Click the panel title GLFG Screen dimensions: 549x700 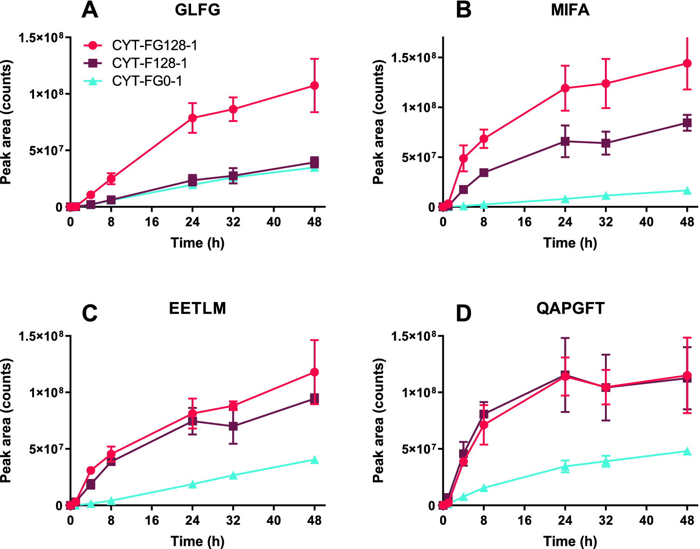tap(197, 10)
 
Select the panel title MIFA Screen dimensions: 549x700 tap(570, 10)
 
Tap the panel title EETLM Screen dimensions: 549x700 tap(197, 309)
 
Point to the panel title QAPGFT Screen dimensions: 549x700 tap(570, 309)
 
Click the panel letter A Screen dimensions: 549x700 tap(89, 10)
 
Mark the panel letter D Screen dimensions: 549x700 tap(463, 314)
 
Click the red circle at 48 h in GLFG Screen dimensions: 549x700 tap(315, 85)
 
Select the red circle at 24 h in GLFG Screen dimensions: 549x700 tap(192, 118)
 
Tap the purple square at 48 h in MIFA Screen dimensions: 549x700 tap(687, 123)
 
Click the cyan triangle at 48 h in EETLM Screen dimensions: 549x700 tap(315, 460)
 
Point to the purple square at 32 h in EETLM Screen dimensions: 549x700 tap(233, 426)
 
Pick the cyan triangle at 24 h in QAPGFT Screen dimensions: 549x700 tap(565, 466)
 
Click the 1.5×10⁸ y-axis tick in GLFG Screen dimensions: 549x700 tap(41, 38)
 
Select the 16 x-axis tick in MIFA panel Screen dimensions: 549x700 tap(524, 222)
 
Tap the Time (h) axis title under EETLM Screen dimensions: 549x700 tap(197, 541)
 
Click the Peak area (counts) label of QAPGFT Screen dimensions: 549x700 tap(378, 421)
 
